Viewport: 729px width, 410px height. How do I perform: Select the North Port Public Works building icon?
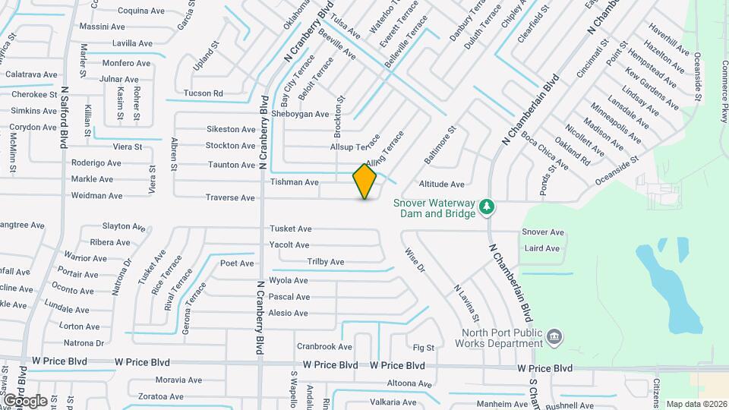tap(554, 336)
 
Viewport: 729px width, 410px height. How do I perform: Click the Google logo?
tap(25, 400)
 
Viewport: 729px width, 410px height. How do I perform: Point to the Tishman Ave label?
tap(295, 182)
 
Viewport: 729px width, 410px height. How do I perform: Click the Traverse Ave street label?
tap(230, 197)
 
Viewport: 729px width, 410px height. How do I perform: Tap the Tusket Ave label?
tap(291, 229)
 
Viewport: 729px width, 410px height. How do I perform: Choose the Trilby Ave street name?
tap(325, 262)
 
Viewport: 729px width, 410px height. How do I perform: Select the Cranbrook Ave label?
tap(324, 346)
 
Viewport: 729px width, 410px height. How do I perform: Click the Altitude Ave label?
tap(441, 184)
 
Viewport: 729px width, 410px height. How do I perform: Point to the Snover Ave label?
tap(543, 232)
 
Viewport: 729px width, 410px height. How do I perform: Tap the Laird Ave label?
tap(542, 248)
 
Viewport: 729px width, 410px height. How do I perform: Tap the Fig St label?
tap(423, 348)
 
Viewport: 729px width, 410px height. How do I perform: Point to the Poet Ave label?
tap(237, 263)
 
